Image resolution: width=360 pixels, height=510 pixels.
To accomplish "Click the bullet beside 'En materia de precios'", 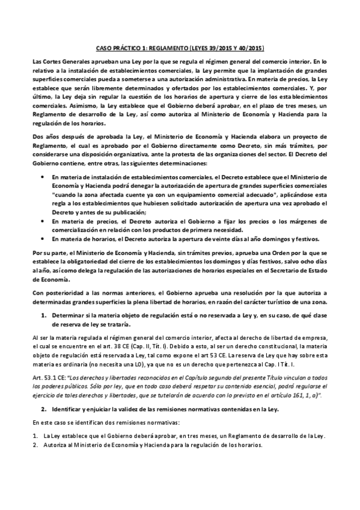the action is point(41,204).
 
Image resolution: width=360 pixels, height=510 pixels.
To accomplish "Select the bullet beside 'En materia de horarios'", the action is point(41,223).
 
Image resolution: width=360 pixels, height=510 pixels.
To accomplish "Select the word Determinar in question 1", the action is point(70,315).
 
